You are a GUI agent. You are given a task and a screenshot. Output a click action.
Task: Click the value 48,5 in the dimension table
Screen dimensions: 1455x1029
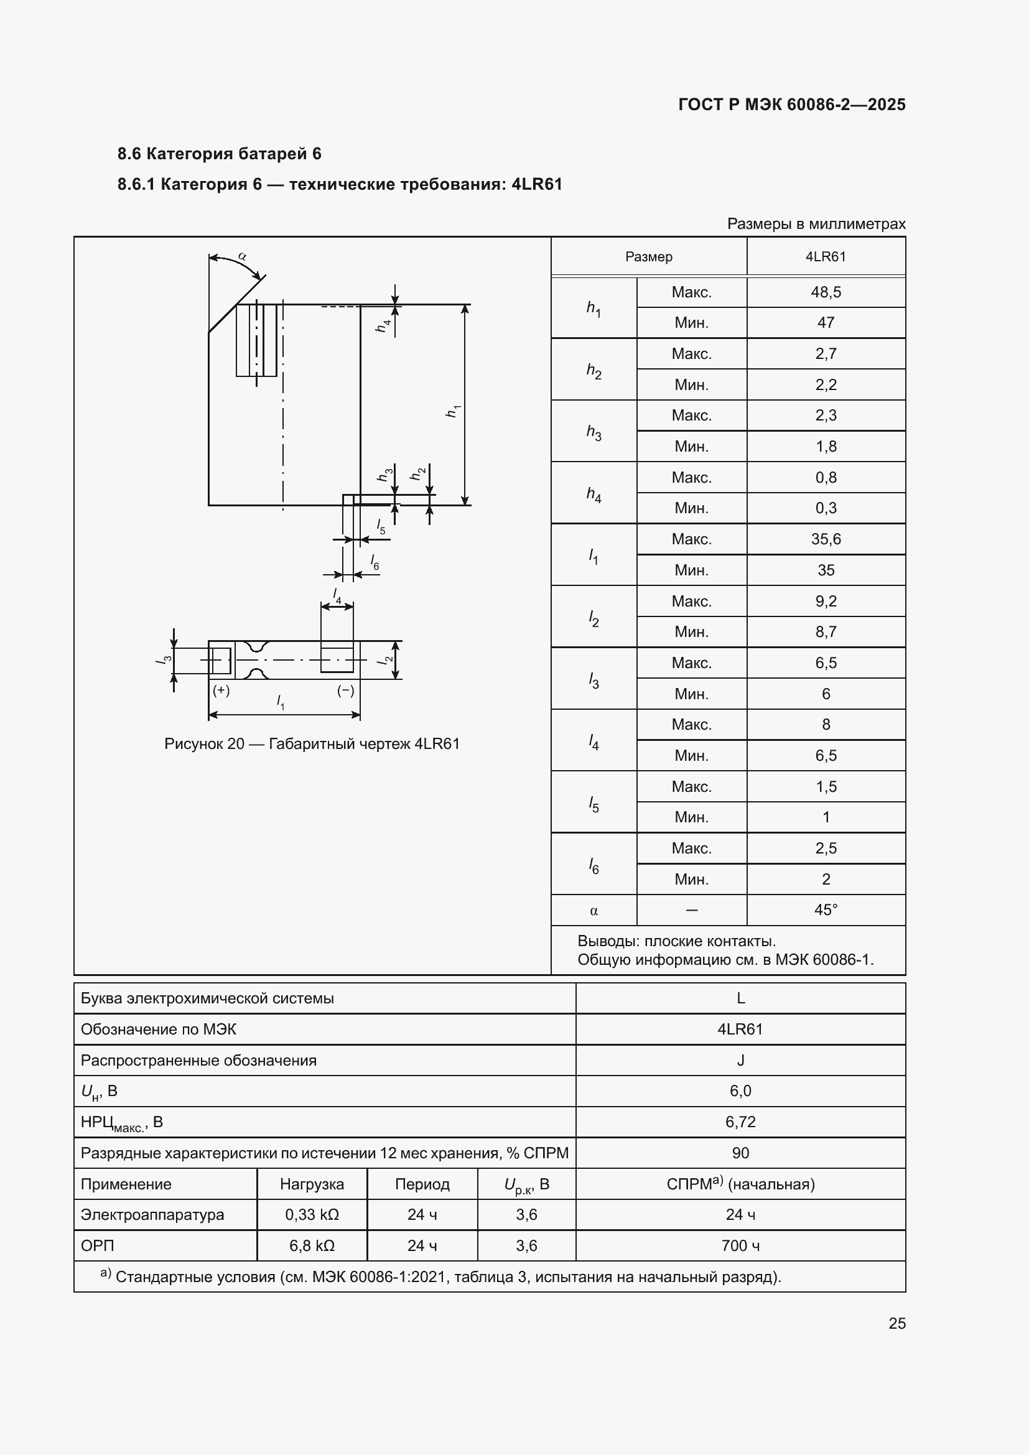pos(825,292)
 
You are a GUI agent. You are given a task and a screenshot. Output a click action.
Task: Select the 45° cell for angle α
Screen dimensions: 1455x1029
pos(825,910)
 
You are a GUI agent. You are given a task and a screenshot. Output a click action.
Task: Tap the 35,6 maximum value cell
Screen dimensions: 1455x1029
pos(825,539)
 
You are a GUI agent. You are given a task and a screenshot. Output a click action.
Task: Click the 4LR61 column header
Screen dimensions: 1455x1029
pos(825,257)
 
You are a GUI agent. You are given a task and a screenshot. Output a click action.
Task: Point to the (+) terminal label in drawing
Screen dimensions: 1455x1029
pos(221,690)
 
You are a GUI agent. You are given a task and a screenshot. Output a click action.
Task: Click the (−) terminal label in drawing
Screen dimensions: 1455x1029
pos(345,690)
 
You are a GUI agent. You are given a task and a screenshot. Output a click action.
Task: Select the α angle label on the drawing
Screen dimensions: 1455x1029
pos(242,257)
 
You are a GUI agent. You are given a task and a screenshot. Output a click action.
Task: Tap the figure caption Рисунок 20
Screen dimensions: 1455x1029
pos(312,743)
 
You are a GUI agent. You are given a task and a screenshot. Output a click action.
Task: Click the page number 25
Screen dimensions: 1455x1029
pos(896,1323)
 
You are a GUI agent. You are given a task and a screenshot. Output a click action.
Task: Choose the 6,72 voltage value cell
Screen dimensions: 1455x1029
pos(740,1122)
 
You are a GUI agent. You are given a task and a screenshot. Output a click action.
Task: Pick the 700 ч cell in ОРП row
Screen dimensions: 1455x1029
pos(740,1245)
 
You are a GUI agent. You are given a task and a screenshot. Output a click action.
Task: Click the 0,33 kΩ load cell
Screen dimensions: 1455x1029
pos(312,1214)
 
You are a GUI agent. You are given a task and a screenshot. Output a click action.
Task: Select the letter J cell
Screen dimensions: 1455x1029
pos(740,1060)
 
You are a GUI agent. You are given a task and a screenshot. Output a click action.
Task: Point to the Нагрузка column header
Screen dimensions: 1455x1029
pos(312,1184)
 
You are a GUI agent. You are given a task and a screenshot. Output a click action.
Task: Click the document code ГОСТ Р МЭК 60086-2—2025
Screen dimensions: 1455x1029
pos(791,105)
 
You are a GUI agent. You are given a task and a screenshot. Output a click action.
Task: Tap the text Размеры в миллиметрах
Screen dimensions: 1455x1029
pos(816,224)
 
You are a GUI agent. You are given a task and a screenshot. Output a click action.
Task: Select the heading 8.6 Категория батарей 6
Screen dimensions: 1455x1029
pos(219,154)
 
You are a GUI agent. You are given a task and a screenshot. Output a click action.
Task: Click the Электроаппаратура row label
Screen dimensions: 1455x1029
pos(152,1214)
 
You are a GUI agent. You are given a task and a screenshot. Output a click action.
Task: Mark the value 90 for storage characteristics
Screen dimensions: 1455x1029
pos(740,1153)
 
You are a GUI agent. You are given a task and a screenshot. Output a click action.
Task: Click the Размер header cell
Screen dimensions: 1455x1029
pos(648,257)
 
